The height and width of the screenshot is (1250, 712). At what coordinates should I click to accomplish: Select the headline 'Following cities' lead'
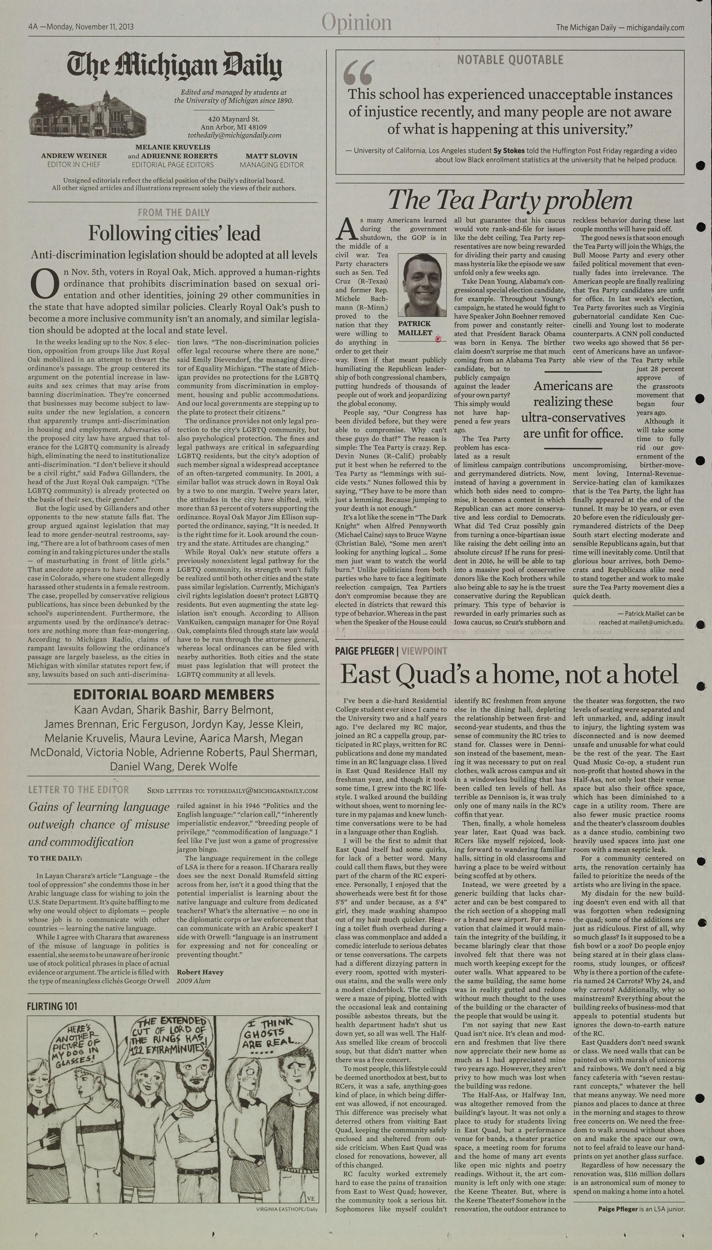(174, 233)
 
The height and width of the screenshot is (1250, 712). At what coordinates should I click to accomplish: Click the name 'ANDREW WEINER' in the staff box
(74, 156)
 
